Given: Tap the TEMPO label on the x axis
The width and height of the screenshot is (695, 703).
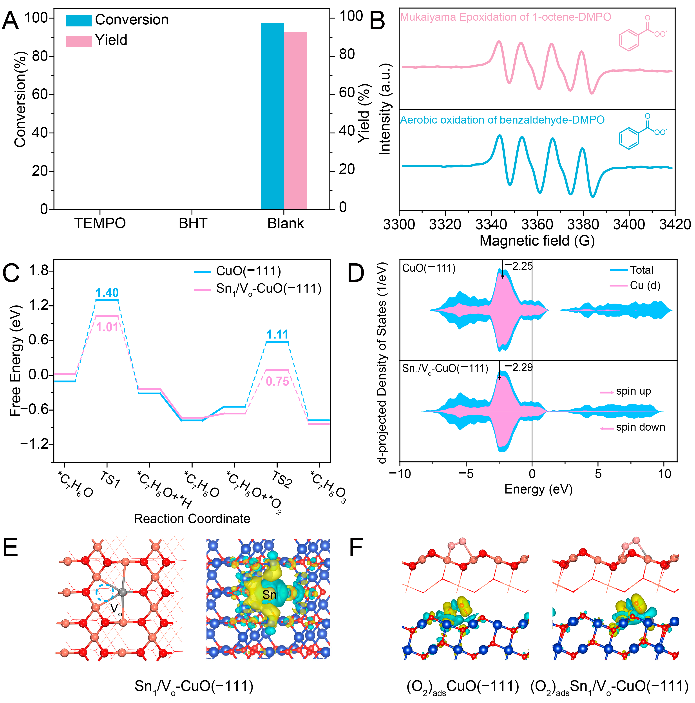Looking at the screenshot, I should pyautogui.click(x=100, y=223).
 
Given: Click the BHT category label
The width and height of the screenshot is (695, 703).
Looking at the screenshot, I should pyautogui.click(x=193, y=223).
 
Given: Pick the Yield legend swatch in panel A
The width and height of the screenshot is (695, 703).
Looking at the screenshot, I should pyautogui.click(x=79, y=41).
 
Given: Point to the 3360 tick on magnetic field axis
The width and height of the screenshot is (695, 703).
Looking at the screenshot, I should pyautogui.click(x=537, y=224).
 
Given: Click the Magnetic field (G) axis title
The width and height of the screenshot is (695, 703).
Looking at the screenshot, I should pyautogui.click(x=537, y=241).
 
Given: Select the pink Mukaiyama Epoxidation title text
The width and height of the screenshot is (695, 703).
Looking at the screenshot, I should pyautogui.click(x=505, y=17).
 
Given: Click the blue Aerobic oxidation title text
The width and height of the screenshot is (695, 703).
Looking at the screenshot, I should pyautogui.click(x=502, y=120).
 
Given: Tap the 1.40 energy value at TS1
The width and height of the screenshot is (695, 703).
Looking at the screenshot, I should pyautogui.click(x=107, y=293).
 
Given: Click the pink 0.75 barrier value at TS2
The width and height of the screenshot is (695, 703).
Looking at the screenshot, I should pyautogui.click(x=277, y=381).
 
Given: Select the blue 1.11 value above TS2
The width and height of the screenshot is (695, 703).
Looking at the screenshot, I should pyautogui.click(x=277, y=334).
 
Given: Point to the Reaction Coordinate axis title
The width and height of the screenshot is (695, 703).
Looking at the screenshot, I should pyautogui.click(x=192, y=519).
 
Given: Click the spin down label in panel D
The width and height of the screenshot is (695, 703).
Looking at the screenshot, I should pyautogui.click(x=640, y=427).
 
